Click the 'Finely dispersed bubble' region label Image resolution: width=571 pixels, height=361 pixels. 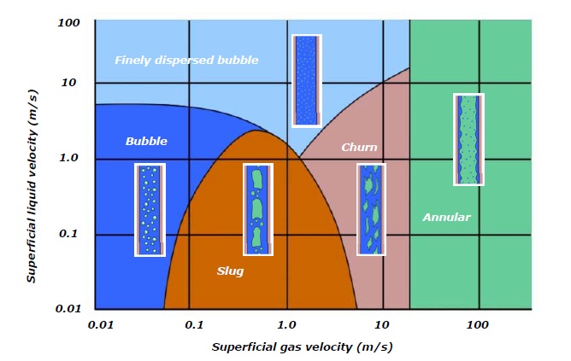tap(186, 60)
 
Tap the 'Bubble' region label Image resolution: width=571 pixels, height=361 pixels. tap(146, 141)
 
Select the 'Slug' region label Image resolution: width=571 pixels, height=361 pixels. tap(230, 271)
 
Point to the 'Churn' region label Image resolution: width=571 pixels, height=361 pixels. tap(359, 148)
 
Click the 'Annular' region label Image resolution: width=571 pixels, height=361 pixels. tap(446, 218)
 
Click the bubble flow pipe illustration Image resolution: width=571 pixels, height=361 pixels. tap(150, 210)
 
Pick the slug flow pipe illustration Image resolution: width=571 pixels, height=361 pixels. tap(257, 210)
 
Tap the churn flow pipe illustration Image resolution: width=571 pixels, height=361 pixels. tap(370, 210)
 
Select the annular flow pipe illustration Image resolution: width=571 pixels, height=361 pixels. tap(468, 139)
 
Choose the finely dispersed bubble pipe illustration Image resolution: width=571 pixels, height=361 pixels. tap(306, 81)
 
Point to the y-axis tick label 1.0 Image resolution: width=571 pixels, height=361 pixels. tap(69, 159)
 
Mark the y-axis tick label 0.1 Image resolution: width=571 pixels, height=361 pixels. tap(69, 234)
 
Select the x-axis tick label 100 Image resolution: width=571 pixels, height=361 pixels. tap(479, 325)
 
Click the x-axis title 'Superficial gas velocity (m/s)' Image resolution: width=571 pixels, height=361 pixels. tap(303, 347)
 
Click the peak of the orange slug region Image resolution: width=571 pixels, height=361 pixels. tap(256, 131)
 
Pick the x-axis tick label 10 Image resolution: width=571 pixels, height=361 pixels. tap(382, 325)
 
